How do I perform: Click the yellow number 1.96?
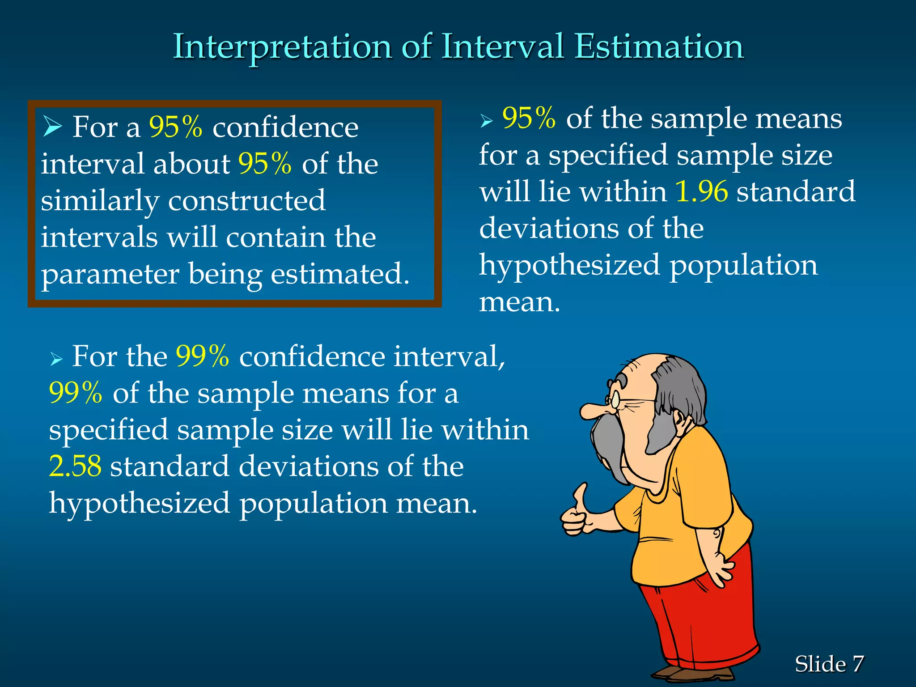click(701, 191)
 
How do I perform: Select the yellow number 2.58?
click(75, 466)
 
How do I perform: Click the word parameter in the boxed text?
click(110, 275)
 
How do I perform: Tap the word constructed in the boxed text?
click(246, 201)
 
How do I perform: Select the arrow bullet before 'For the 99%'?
click(55, 359)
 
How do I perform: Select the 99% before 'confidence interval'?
click(202, 356)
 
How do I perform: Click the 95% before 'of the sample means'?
click(529, 119)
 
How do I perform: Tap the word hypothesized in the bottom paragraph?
click(140, 504)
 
